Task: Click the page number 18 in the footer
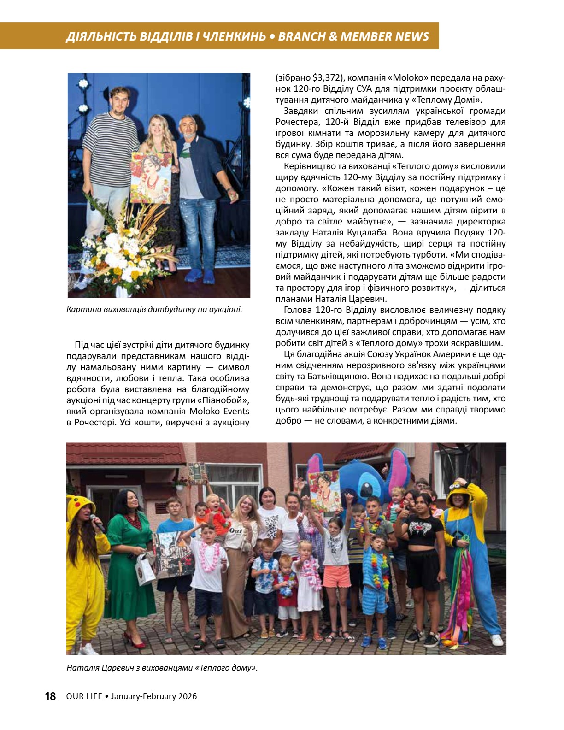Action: [x=50, y=696]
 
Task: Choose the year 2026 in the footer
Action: [x=187, y=696]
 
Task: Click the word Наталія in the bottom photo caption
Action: [x=81, y=667]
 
